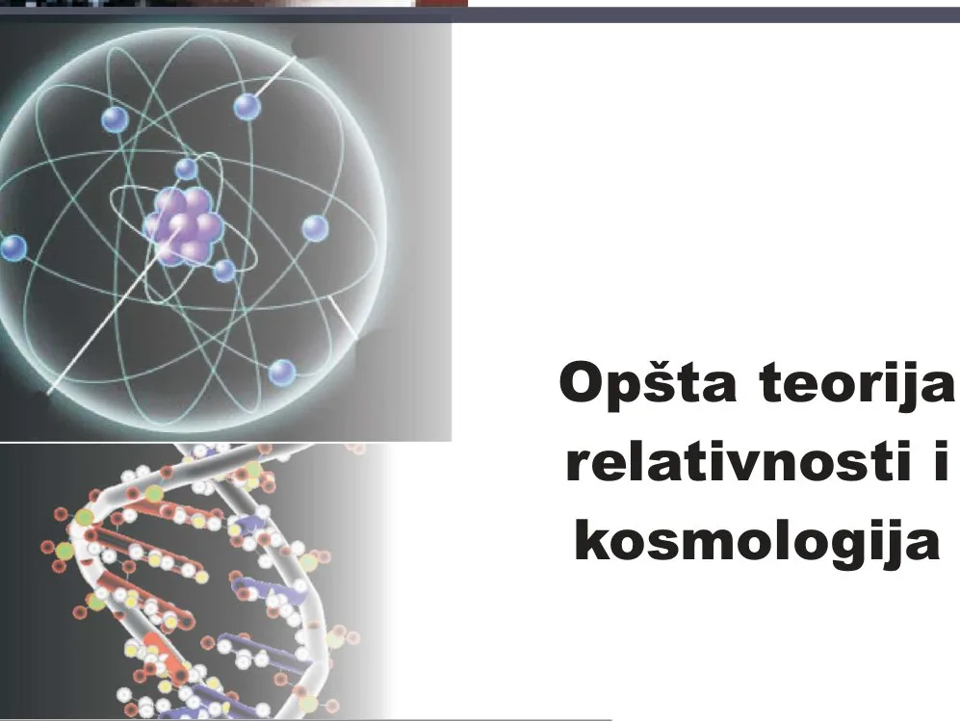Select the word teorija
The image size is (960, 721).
[x=857, y=384]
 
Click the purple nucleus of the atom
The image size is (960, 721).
[x=182, y=225]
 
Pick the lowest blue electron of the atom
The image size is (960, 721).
[x=282, y=373]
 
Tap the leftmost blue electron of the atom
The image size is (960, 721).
[x=13, y=248]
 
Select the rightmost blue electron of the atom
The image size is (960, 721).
[x=315, y=228]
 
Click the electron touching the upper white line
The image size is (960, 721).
[x=247, y=107]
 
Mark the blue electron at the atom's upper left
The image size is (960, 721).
[x=115, y=119]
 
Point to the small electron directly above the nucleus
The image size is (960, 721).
[x=186, y=168]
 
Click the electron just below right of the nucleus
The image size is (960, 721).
[x=224, y=270]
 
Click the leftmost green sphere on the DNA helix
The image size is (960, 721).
[x=65, y=551]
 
